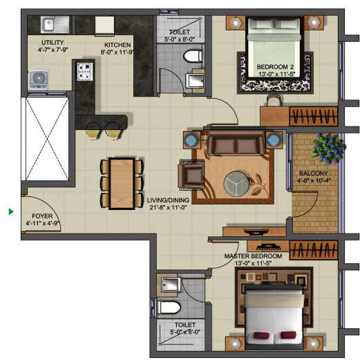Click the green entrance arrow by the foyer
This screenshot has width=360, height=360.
(x=11, y=211)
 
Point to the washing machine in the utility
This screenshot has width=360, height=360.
(x=38, y=79)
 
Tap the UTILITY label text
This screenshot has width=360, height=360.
(x=53, y=43)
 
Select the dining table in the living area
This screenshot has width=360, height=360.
(x=122, y=182)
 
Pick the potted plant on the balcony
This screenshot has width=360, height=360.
(x=328, y=148)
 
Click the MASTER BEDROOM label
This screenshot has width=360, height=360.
(x=251, y=256)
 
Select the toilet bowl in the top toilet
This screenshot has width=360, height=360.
(x=191, y=56)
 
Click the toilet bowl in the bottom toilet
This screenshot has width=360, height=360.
(x=169, y=307)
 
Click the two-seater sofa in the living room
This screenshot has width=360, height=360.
(x=234, y=145)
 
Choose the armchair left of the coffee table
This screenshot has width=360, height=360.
(x=189, y=173)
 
